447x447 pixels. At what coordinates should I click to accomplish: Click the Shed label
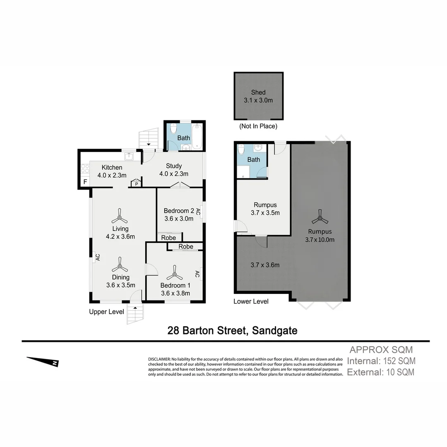258,92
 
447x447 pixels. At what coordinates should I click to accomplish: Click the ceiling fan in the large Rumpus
320,217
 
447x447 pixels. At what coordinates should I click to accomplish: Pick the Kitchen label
112,168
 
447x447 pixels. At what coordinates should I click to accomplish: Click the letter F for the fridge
85,182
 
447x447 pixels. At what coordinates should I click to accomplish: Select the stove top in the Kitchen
85,168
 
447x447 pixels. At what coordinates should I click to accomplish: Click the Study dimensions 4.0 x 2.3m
174,174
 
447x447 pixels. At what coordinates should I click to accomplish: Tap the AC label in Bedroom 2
198,212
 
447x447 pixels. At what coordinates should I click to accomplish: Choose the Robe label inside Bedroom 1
186,247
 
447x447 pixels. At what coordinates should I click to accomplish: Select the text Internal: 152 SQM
381,361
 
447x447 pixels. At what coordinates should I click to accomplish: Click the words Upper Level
106,312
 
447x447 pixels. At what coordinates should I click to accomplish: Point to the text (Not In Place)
258,126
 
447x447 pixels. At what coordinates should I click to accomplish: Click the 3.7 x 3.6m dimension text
265,265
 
